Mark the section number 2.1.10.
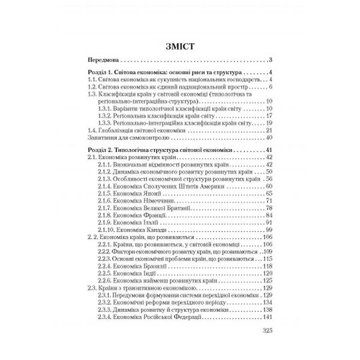coord(106,230)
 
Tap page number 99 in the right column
coord(269,230)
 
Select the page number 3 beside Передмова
coord(271,60)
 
